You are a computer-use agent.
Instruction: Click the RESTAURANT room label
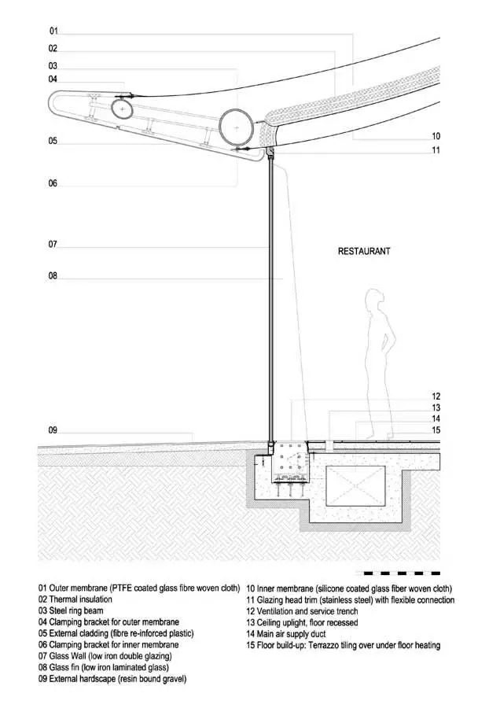[x=364, y=251]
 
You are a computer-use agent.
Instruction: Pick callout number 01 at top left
[x=53, y=31]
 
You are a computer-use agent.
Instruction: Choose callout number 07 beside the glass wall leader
[x=53, y=245]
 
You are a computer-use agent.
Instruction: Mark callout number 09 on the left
[x=53, y=430]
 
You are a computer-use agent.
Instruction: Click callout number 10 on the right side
[x=436, y=136]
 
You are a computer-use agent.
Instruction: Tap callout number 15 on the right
[x=436, y=430]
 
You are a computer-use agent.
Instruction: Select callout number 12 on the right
[x=436, y=396]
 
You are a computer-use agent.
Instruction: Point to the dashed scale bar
[x=398, y=573]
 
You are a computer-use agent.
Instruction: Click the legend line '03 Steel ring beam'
[x=71, y=611]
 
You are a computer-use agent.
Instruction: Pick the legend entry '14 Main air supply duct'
[x=285, y=634]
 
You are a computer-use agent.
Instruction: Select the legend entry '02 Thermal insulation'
[x=75, y=599]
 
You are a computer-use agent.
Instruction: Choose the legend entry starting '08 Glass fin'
[x=103, y=667]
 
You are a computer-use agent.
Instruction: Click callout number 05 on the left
[x=53, y=141]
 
